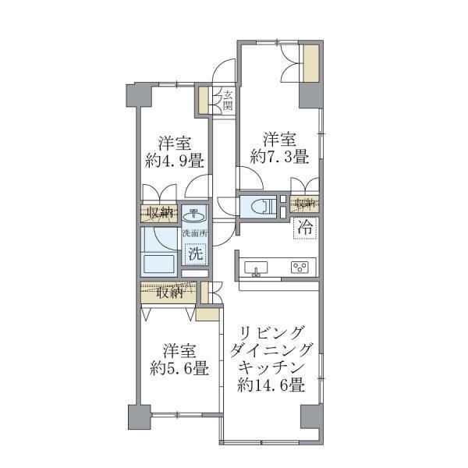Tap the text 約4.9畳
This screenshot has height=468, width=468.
pyautogui.click(x=175, y=161)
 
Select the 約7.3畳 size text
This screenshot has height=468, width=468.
pyautogui.click(x=278, y=157)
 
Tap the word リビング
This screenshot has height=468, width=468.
pyautogui.click(x=271, y=331)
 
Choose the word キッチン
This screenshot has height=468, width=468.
pyautogui.click(x=271, y=367)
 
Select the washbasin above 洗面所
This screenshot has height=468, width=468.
pyautogui.click(x=195, y=214)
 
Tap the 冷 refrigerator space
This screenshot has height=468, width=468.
pyautogui.click(x=305, y=229)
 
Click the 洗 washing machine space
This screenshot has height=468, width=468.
pyautogui.click(x=196, y=253)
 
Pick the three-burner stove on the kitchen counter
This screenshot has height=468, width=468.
pyautogui.click(x=299, y=268)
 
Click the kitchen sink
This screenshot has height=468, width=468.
pyautogui.click(x=255, y=268)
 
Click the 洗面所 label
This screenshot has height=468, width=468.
pyautogui.click(x=195, y=233)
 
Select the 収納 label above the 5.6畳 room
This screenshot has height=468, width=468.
pyautogui.click(x=168, y=293)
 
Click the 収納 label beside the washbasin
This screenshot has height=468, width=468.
pyautogui.click(x=158, y=212)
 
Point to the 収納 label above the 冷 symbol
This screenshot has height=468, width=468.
pyautogui.click(x=304, y=204)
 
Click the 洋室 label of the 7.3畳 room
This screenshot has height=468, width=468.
pyautogui.click(x=278, y=140)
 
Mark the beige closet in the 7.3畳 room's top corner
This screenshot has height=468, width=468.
pyautogui.click(x=310, y=64)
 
